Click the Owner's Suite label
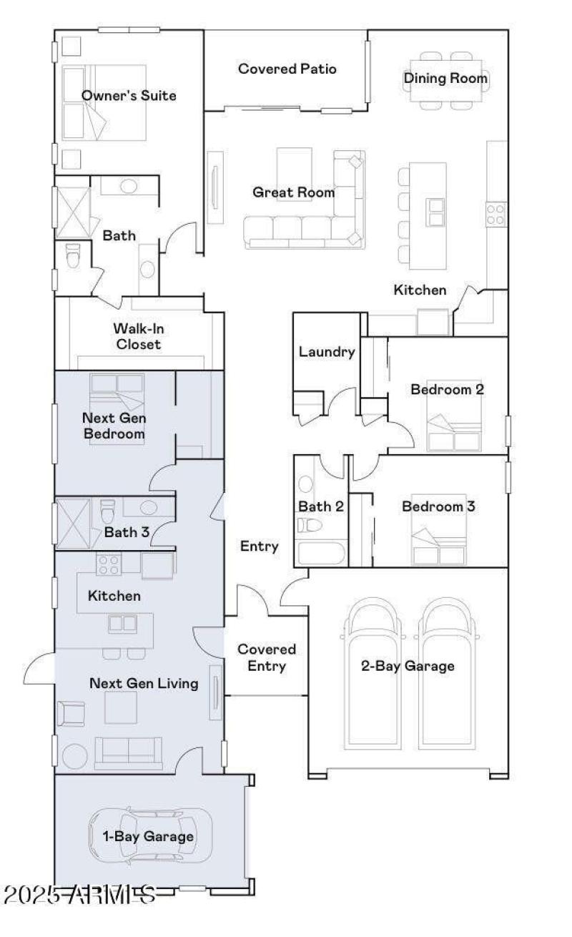point(129,95)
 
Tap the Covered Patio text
point(287,69)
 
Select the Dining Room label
point(446,78)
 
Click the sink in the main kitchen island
point(435,210)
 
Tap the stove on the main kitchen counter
point(496,212)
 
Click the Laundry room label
point(326,351)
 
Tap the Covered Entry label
point(266,657)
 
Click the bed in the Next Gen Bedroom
point(117,409)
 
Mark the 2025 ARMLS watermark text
point(79,893)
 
